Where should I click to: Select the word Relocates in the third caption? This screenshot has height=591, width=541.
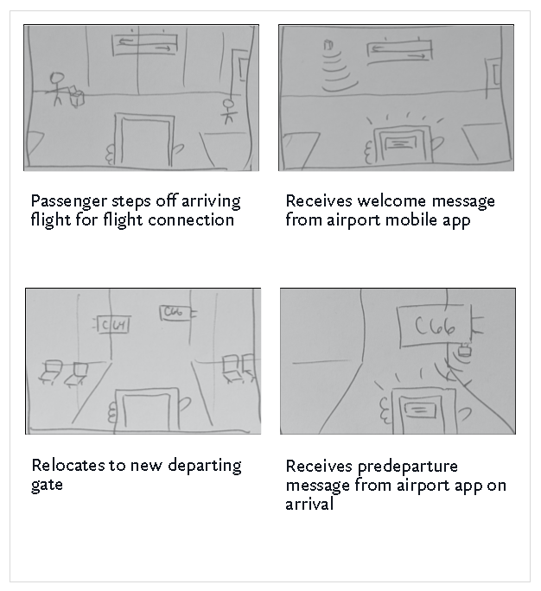(68, 466)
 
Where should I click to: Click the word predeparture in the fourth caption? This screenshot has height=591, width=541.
(407, 467)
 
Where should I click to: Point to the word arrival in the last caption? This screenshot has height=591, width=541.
(309, 505)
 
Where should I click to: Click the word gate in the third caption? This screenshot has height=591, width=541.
(47, 486)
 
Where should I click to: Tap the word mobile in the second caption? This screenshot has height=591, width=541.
(411, 220)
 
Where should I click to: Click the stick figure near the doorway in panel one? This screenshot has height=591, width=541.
(228, 111)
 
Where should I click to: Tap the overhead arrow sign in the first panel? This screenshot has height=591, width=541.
(144, 44)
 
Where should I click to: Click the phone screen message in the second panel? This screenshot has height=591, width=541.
(403, 143)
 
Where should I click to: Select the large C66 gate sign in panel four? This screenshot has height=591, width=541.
(435, 326)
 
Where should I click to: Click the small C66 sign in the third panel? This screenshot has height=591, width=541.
(175, 313)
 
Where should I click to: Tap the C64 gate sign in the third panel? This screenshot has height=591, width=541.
(113, 325)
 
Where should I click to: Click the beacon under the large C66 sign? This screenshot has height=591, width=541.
(465, 351)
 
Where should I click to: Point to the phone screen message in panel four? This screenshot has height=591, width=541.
(420, 410)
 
